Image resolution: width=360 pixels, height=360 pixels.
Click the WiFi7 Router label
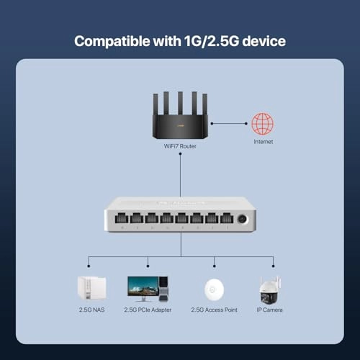click(x=180, y=146)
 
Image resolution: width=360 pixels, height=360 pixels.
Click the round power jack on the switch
click(x=243, y=218)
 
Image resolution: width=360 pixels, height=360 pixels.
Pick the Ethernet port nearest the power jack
click(x=226, y=219)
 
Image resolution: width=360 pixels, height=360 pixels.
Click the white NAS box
click(x=91, y=288)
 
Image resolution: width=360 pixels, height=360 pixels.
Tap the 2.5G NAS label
click(x=91, y=310)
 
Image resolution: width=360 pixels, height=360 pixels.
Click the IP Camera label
click(x=271, y=310)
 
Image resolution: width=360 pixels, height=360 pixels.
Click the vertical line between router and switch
click(x=180, y=173)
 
